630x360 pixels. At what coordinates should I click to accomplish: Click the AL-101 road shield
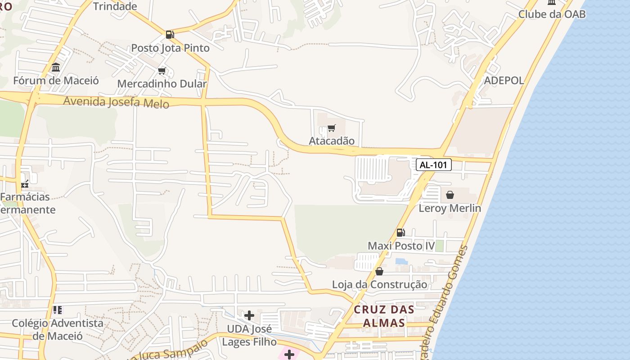433,165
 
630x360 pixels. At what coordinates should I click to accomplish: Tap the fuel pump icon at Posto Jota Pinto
170,34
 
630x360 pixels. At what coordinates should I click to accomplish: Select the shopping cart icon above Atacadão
332,128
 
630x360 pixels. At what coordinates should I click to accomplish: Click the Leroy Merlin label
450,208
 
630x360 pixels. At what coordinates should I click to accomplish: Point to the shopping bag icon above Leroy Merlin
450,195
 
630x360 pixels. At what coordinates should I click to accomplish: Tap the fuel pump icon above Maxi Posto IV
400,232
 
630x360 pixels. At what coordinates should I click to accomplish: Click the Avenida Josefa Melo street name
116,102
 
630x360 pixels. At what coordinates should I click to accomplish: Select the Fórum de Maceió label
56,81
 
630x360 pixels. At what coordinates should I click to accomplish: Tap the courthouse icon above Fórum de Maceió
56,67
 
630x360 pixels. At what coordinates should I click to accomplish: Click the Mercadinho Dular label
162,84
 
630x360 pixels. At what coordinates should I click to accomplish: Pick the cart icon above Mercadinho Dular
162,71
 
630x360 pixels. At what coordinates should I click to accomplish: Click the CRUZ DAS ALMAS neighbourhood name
384,316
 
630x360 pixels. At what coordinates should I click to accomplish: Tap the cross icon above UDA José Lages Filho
249,315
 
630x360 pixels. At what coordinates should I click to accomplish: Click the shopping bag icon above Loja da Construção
379,271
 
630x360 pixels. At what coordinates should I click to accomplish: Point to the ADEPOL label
504,81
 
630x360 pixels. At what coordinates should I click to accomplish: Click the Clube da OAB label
552,14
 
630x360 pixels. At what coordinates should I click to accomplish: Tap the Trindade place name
115,6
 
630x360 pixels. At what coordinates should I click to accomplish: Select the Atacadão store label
332,141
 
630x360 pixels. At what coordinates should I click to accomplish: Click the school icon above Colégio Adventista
57,310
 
